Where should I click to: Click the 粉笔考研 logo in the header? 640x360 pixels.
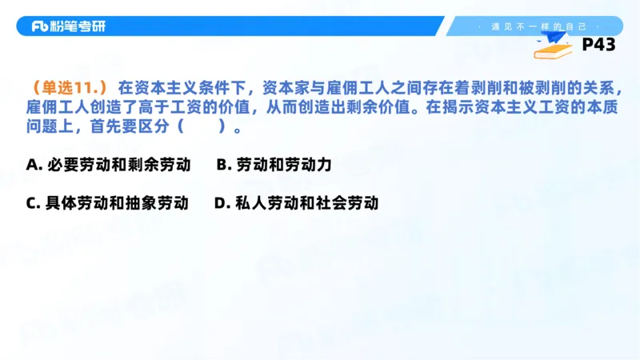pos(68,26)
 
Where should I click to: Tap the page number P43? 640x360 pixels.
pos(598,45)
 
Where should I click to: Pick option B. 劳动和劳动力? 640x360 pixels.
pos(274,165)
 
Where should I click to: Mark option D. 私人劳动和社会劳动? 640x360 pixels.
pos(296,203)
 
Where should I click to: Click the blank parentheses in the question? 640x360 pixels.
pos(199,126)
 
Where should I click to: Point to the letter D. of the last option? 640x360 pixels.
pos(222,203)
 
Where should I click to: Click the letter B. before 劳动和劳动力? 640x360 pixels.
pos(224,165)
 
